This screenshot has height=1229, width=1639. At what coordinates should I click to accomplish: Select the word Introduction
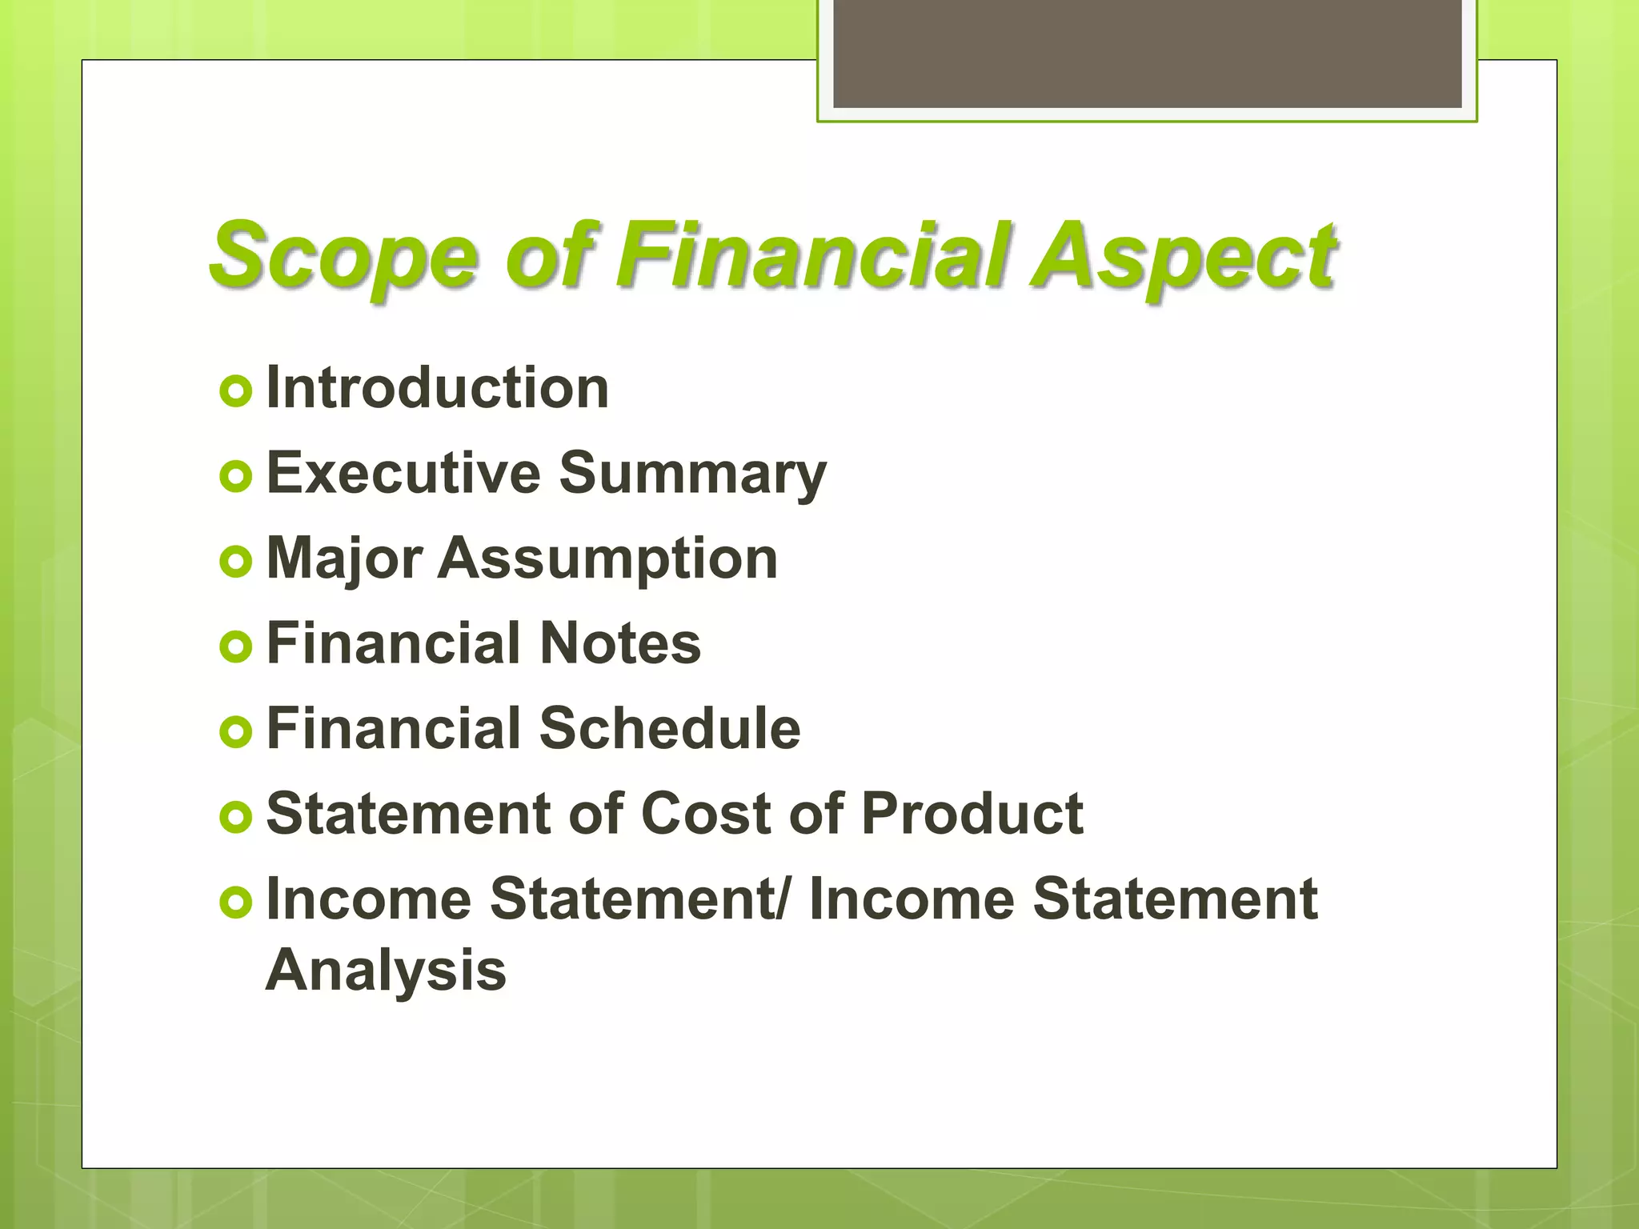tap(437, 388)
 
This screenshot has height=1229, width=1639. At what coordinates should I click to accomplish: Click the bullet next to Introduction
tap(235, 391)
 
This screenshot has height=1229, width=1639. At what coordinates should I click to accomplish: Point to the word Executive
tap(403, 473)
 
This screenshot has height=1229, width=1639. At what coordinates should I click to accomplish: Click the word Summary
tap(692, 474)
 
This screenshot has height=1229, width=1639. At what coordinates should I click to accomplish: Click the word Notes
tap(620, 643)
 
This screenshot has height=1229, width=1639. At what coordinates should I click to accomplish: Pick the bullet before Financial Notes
tap(235, 647)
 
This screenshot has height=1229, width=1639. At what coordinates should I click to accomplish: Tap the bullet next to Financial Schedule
tap(235, 731)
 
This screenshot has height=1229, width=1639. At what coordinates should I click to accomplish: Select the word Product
tap(972, 814)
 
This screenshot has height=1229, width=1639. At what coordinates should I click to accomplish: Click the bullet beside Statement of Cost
tap(235, 817)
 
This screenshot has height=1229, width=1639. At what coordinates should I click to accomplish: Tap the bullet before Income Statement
tap(235, 903)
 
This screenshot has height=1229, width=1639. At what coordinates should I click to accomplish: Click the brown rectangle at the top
tap(1147, 53)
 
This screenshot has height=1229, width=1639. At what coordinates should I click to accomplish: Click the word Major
tap(344, 558)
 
